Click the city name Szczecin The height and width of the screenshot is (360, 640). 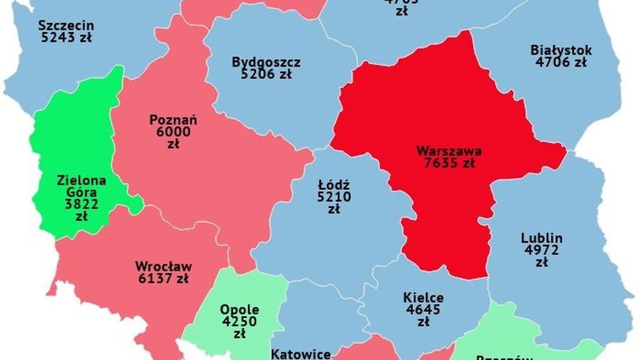pyautogui.click(x=66, y=26)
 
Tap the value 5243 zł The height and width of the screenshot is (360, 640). pyautogui.click(x=66, y=37)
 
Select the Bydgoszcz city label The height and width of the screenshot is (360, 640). pyautogui.click(x=266, y=62)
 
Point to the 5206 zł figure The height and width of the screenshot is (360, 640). pyautogui.click(x=266, y=74)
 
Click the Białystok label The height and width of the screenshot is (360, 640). pyautogui.click(x=561, y=50)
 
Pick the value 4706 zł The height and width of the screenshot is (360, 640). pyautogui.click(x=561, y=62)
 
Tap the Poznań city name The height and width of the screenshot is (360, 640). pyautogui.click(x=173, y=119)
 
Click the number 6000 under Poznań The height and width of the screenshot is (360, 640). pyautogui.click(x=173, y=132)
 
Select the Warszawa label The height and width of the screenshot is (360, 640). pyautogui.click(x=449, y=151)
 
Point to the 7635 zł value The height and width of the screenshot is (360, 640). pyautogui.click(x=449, y=163)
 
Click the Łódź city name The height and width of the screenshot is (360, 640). pyautogui.click(x=334, y=185)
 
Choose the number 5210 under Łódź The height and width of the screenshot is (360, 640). pyautogui.click(x=334, y=197)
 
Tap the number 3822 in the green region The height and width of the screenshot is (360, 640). pyautogui.click(x=81, y=204)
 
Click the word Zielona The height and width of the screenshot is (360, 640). pyautogui.click(x=81, y=180)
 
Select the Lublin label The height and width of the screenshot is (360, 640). pyautogui.click(x=542, y=238)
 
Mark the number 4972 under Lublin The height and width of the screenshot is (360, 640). pyautogui.click(x=542, y=250)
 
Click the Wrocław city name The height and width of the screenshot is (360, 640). pyautogui.click(x=164, y=266)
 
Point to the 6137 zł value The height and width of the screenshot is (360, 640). pyautogui.click(x=164, y=279)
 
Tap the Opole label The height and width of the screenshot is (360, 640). pyautogui.click(x=240, y=309)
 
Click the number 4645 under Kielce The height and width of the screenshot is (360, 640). pyautogui.click(x=423, y=310)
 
